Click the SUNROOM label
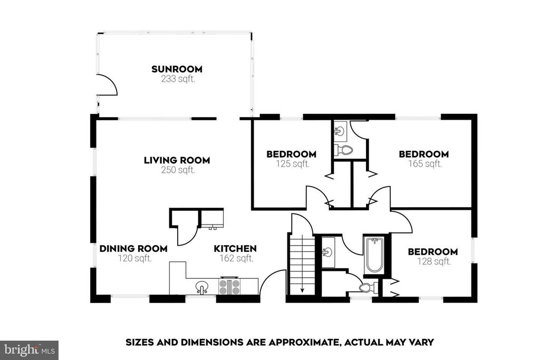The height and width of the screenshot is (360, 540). [x=177, y=69]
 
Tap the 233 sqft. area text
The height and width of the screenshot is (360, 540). [x=178, y=79]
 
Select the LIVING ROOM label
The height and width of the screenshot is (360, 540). [x=177, y=160]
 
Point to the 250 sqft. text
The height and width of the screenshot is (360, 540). [x=178, y=170]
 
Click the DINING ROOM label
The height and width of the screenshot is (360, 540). [x=133, y=248]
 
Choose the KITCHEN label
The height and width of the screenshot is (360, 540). [x=235, y=248]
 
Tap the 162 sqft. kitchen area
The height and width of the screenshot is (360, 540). [x=237, y=258]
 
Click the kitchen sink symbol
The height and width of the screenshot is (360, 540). [x=202, y=287]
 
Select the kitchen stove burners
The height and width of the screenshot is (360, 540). [x=229, y=287]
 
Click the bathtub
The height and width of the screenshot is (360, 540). [x=374, y=255]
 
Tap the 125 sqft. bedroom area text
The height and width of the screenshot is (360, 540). [x=293, y=164]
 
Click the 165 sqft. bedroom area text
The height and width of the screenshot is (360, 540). [x=426, y=164]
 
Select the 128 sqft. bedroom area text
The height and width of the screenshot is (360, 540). [x=435, y=261]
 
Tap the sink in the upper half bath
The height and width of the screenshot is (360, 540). [x=340, y=131]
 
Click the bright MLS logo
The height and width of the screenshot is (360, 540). [x=30, y=351]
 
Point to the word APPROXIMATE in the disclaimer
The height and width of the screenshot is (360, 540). [x=302, y=343]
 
